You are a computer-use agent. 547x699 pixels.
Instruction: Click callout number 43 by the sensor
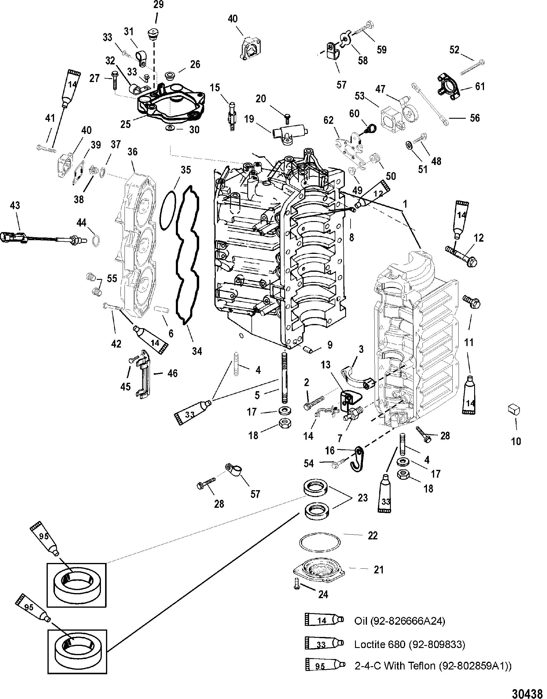[15, 205]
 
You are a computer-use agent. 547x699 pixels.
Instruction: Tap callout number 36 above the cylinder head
[132, 152]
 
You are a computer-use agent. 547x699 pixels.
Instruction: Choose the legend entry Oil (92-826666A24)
[400, 621]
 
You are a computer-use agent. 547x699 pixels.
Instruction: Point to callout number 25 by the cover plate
[125, 124]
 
